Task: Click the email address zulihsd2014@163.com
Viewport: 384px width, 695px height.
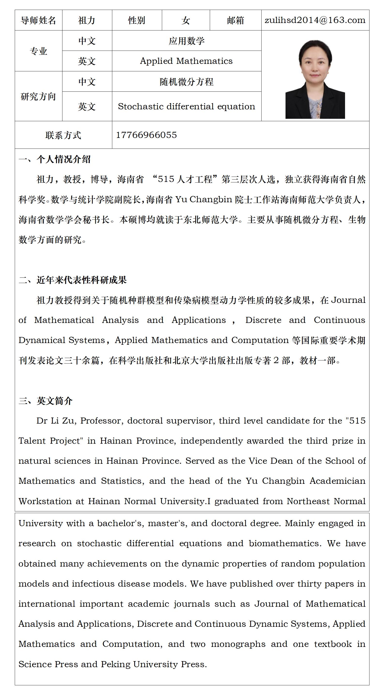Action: tap(315, 20)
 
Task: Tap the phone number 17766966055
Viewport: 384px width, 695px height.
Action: tap(146, 135)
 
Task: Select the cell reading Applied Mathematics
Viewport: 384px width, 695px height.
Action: tap(186, 61)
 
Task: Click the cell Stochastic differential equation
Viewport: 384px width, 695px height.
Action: tap(187, 106)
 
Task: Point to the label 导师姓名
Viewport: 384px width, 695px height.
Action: tap(38, 20)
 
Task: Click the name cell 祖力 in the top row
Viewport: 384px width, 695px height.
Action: tap(87, 20)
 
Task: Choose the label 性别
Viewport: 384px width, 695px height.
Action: tap(136, 20)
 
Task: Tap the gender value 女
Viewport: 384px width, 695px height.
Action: tap(186, 20)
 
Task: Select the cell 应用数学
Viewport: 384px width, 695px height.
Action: tap(187, 41)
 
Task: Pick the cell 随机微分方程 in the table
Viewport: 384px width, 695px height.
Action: tap(187, 82)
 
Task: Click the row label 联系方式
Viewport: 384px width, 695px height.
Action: tap(63, 135)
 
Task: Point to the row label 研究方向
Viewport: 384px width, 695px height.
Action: tap(38, 96)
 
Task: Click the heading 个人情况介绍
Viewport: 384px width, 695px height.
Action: tap(63, 159)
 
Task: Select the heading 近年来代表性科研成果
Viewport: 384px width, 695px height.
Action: tap(82, 280)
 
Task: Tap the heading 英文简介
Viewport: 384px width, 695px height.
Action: tap(54, 401)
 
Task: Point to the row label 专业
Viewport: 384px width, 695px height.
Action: tap(38, 51)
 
